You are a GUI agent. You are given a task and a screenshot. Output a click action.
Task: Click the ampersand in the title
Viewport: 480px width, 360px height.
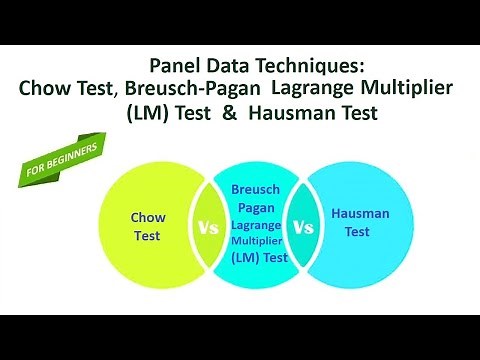(229, 113)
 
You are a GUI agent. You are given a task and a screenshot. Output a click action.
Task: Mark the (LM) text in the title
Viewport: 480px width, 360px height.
(149, 113)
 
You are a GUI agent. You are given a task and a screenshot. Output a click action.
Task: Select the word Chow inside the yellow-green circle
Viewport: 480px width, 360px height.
(148, 216)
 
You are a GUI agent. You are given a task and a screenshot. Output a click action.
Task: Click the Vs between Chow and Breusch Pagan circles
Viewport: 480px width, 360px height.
(208, 227)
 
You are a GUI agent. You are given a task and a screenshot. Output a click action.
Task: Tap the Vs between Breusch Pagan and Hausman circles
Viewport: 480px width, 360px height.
(303, 227)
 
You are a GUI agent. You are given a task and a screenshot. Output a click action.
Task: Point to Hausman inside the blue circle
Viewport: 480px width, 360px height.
(359, 213)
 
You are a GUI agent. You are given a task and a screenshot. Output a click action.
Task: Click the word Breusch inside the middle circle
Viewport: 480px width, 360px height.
(255, 188)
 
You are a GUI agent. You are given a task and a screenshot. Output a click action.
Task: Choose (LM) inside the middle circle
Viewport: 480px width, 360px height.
(245, 258)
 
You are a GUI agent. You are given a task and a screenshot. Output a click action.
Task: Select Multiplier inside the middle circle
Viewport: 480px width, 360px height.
(255, 241)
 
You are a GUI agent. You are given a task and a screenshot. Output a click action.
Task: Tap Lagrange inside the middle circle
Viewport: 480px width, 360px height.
(255, 225)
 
